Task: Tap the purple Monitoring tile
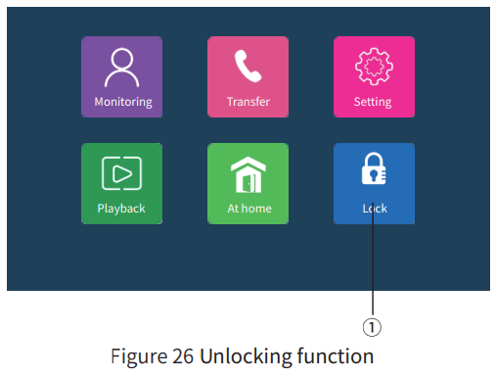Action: click(122, 76)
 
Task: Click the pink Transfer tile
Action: click(248, 76)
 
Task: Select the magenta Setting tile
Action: click(374, 76)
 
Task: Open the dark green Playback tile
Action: click(122, 183)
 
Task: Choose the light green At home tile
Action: click(248, 183)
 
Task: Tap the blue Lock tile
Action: click(374, 183)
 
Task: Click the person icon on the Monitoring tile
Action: click(122, 67)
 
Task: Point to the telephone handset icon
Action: click(248, 67)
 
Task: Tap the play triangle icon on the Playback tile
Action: click(122, 173)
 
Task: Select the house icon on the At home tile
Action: click(248, 174)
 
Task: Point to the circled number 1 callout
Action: click(373, 325)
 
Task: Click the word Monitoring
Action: click(122, 102)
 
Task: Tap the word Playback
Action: click(121, 209)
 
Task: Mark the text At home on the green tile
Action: click(248, 209)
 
